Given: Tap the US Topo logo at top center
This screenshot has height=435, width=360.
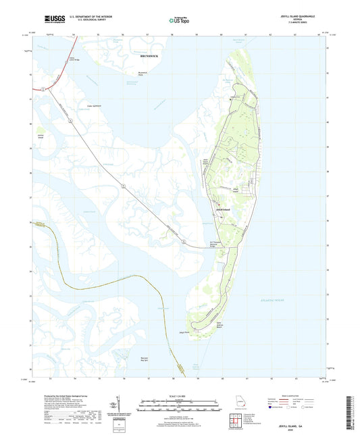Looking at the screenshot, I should [x=177, y=21].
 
